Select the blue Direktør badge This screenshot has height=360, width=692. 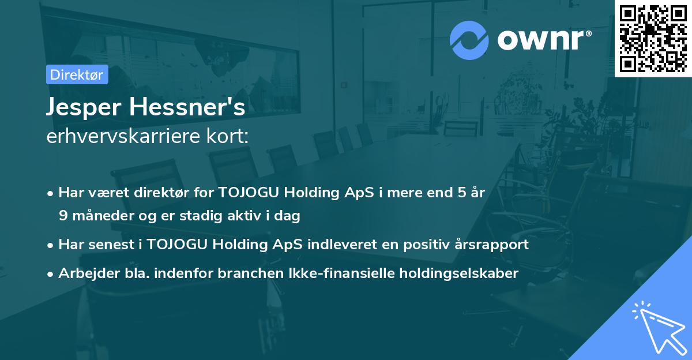click(x=77, y=74)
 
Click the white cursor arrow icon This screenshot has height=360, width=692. click(x=659, y=327)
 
